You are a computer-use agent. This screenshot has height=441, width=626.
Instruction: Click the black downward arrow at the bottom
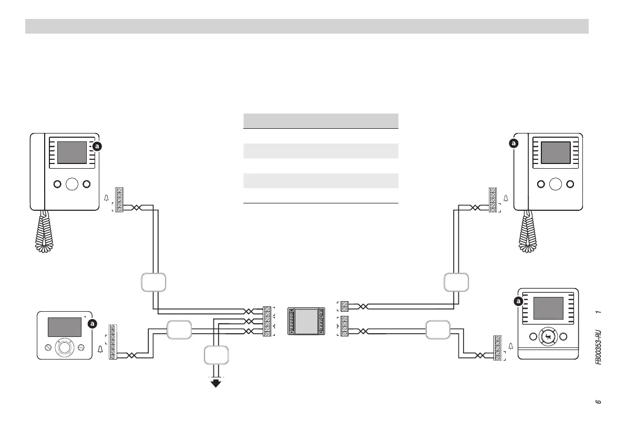(x=215, y=383)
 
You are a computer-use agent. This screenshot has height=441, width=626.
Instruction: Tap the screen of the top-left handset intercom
(x=71, y=152)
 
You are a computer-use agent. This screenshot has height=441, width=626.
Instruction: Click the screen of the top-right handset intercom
(x=556, y=152)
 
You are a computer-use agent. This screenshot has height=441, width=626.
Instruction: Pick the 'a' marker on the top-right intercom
(x=514, y=143)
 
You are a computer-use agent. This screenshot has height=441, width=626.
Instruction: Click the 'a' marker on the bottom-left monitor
(x=93, y=324)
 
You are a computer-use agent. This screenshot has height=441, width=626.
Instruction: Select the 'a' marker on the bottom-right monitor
(x=518, y=302)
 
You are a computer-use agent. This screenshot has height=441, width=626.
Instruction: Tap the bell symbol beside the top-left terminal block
(x=107, y=199)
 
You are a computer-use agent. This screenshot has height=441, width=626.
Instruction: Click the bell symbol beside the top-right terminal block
(x=506, y=199)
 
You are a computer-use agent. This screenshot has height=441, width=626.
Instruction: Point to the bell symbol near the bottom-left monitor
(x=100, y=348)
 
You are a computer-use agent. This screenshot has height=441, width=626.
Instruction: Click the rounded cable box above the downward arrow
(x=215, y=357)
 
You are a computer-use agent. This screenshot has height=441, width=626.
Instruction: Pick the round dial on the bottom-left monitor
(x=64, y=347)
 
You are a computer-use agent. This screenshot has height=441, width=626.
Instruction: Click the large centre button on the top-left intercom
(x=72, y=184)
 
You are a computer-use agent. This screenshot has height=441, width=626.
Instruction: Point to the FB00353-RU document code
(x=599, y=347)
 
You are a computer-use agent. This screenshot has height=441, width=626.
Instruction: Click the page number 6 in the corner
(x=598, y=402)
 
